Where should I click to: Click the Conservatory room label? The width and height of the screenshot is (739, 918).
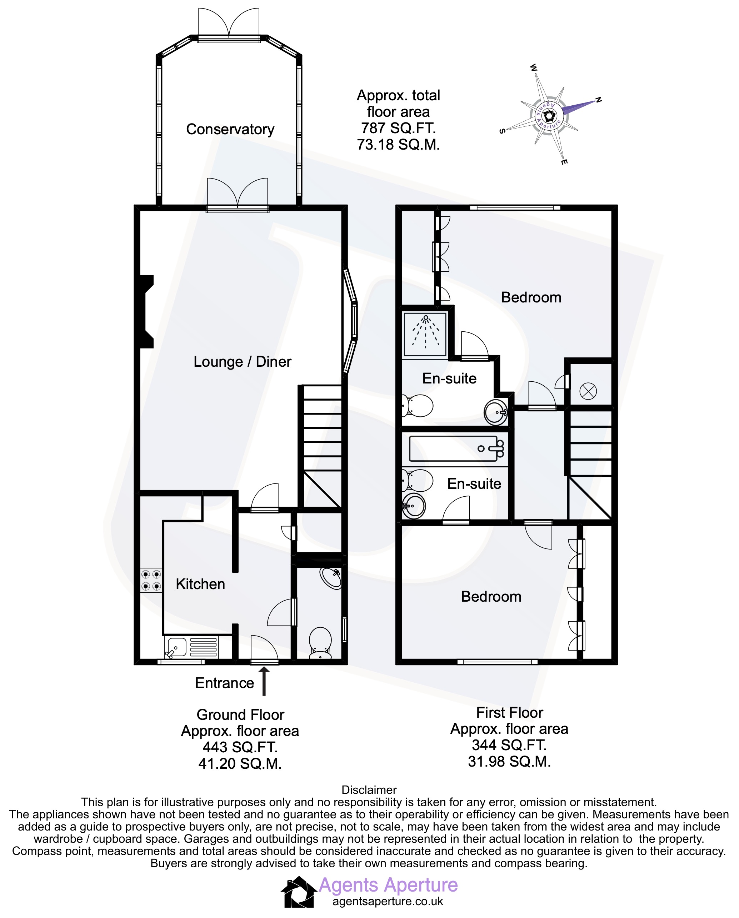point(230,130)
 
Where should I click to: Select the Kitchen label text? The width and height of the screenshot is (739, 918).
point(200,584)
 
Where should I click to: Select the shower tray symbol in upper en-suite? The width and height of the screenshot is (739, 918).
point(425,334)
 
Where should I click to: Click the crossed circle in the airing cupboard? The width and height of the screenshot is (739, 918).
point(588,391)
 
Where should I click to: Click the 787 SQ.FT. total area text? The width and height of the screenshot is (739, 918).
point(398,128)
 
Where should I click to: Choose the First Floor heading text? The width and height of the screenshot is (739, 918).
point(509,712)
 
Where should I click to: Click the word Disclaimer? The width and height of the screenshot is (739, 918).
point(369,790)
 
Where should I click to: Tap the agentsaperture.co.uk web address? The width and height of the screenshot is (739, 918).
point(388,901)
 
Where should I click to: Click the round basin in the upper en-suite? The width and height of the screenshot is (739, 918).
point(496,411)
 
